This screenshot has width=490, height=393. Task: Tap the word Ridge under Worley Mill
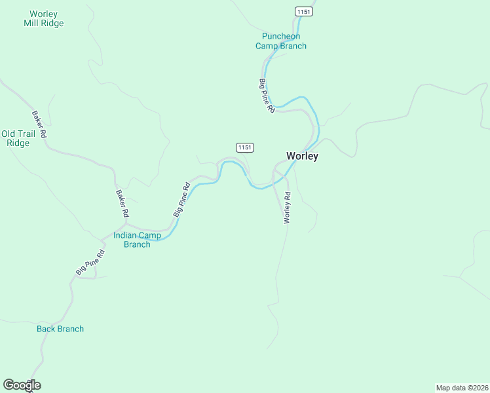54,23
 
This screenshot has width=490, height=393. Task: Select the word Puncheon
280,36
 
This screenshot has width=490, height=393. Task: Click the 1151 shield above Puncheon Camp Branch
303,12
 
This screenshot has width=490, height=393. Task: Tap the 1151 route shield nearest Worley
244,147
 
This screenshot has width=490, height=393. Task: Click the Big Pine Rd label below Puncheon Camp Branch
266,97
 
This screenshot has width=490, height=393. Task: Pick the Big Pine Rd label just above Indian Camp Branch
181,200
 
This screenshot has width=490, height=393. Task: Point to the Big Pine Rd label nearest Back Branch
90,262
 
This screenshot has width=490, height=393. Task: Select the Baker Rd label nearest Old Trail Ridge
39,124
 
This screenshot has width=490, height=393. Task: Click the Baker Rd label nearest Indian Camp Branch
122,204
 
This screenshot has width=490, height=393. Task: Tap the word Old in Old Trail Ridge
9,134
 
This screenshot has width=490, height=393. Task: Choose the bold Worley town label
302,156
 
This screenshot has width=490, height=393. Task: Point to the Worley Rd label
286,208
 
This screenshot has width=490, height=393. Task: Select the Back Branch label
60,329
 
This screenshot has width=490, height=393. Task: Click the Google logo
22,385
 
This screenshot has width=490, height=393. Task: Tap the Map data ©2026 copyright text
462,387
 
